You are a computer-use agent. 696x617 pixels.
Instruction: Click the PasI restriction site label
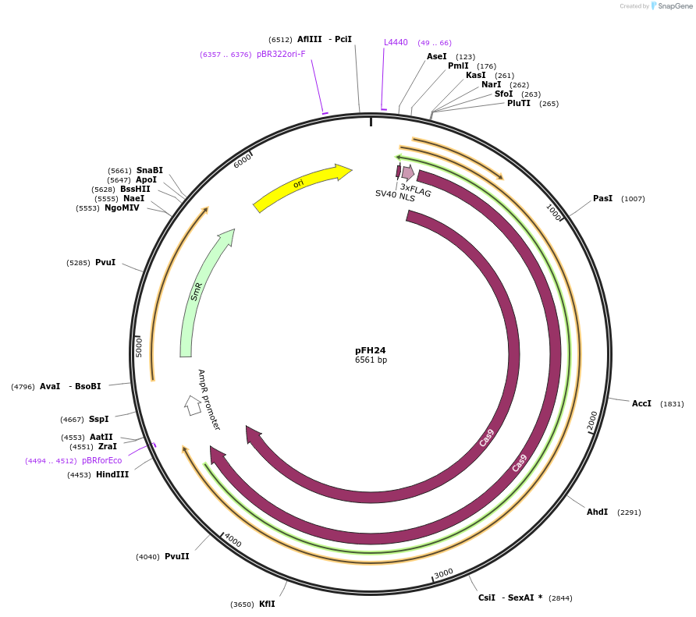click(x=602, y=199)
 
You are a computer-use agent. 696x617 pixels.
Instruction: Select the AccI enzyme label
click(x=641, y=403)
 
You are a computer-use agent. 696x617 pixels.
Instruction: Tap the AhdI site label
click(x=597, y=512)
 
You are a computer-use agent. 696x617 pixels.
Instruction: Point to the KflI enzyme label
click(x=267, y=604)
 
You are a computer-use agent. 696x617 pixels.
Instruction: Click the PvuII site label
click(x=176, y=556)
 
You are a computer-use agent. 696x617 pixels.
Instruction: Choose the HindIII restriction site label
click(x=112, y=474)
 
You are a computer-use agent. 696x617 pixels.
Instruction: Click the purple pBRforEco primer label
click(x=101, y=460)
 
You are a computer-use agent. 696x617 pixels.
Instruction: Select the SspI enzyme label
click(x=98, y=419)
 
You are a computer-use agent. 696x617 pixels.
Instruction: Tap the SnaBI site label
click(x=150, y=170)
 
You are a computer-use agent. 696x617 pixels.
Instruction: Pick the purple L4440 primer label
click(x=396, y=42)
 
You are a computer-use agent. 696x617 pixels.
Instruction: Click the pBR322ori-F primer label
click(x=281, y=54)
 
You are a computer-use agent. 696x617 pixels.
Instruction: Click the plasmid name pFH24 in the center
click(x=371, y=350)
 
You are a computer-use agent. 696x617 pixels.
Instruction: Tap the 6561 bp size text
click(x=371, y=360)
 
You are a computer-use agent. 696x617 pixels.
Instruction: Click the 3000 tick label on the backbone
click(x=443, y=573)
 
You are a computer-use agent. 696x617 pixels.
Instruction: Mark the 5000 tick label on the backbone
click(x=139, y=346)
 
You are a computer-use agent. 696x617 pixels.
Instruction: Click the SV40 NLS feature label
click(x=395, y=195)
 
